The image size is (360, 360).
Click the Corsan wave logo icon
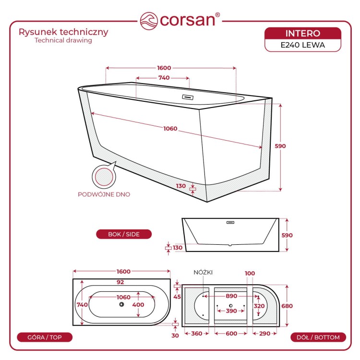(149, 21)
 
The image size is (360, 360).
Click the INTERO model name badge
(302, 34)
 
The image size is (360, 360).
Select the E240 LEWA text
(302, 45)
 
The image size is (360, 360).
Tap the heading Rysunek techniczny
(63, 32)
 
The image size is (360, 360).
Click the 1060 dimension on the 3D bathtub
(170, 129)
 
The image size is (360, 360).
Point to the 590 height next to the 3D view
(280, 146)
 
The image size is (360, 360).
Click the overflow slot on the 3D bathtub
(188, 97)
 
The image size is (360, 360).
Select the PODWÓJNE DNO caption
(104, 194)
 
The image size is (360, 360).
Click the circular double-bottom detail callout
(104, 177)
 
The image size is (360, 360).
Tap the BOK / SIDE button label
(124, 234)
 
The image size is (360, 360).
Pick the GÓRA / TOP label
(45, 337)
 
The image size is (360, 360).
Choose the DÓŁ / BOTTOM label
(318, 337)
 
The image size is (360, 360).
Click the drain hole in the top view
(122, 304)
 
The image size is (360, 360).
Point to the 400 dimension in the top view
(138, 305)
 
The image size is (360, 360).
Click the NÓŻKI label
(203, 273)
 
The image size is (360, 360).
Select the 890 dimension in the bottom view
(231, 296)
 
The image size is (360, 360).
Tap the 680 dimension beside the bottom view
(287, 306)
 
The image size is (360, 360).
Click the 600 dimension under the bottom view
(231, 334)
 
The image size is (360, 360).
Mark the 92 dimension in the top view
(120, 282)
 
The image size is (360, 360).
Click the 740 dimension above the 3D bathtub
(164, 78)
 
